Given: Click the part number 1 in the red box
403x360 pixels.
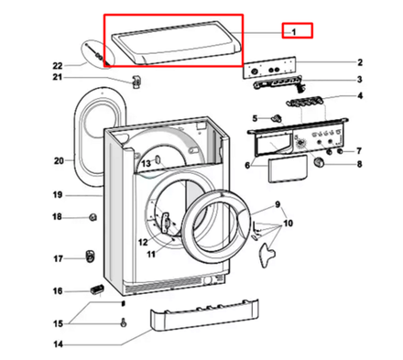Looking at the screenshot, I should point(295,30).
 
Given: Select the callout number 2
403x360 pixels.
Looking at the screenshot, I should point(359,62).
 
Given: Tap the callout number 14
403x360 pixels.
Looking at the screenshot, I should point(57,346).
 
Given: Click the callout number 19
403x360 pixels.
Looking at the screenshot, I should point(57,195).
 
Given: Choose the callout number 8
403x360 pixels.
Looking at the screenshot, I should point(359,165).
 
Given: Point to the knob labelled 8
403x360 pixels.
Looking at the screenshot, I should point(320,163).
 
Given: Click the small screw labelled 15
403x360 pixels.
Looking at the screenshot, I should point(123,322).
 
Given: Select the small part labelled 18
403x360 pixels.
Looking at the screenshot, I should point(93,217).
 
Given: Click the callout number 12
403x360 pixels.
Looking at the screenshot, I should point(142,242).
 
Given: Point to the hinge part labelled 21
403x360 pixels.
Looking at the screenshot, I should point(136,82).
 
